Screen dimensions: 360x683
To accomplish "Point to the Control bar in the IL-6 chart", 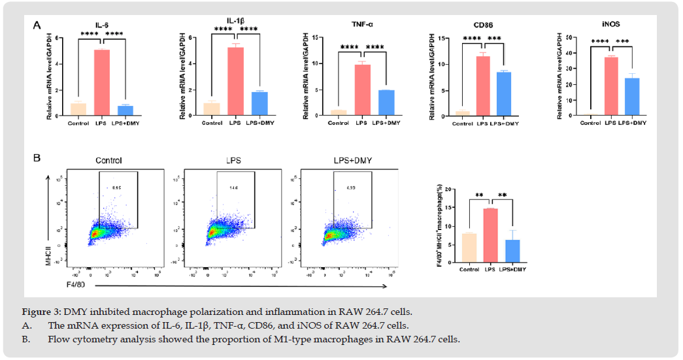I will point(78,109).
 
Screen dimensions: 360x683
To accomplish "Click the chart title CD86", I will point(493,25).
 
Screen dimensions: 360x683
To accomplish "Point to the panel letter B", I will point(37,158).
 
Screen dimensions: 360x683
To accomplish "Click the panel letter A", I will point(37,26).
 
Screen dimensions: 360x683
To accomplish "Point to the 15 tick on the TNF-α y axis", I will point(314,37).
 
